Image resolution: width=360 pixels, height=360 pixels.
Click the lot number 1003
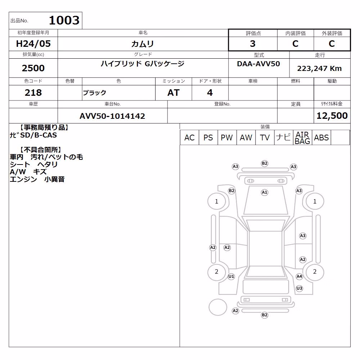64,20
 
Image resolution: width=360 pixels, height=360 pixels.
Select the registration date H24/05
33,44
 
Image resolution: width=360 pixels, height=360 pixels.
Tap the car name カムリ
143,44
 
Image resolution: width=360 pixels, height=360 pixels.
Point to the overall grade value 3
253,44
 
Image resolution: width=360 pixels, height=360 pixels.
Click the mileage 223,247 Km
319,68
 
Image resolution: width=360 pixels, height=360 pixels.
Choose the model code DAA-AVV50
258,64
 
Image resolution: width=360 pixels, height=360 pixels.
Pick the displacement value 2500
33,68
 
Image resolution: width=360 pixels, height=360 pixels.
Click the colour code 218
33,93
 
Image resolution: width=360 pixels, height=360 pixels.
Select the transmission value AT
174,93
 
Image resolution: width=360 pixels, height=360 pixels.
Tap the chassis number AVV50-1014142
112,116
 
